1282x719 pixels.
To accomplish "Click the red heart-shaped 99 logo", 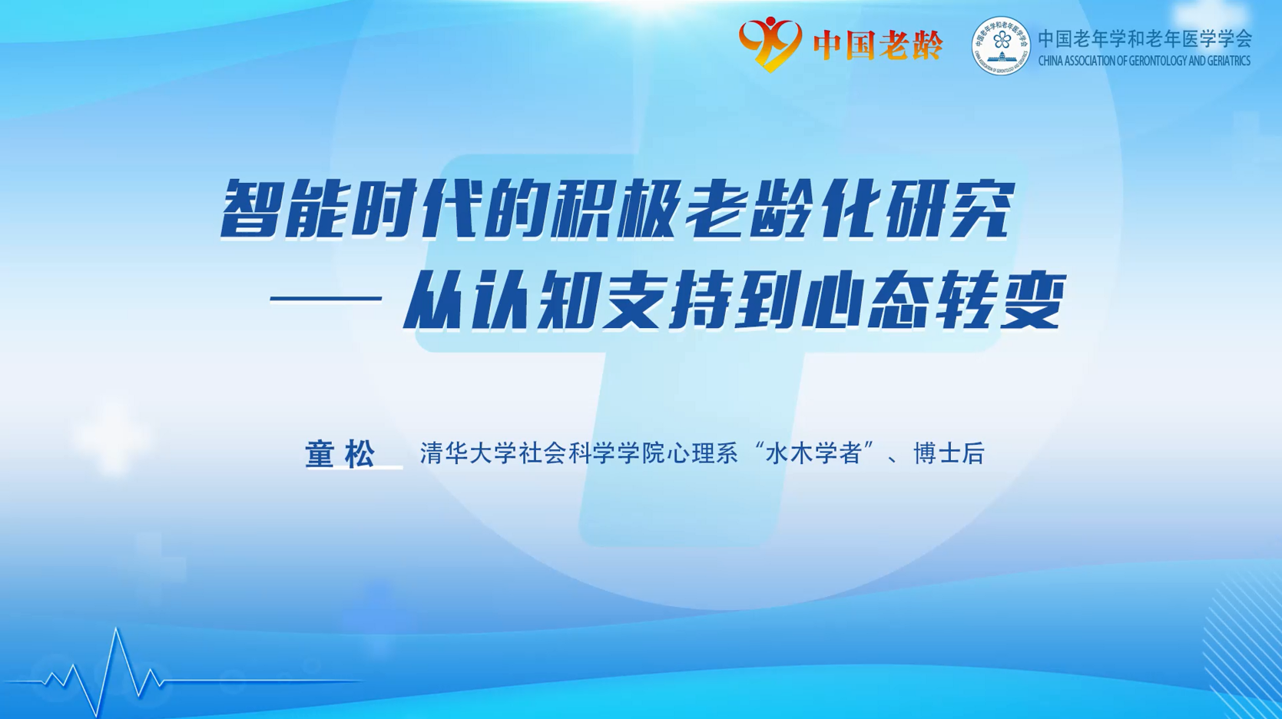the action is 770,43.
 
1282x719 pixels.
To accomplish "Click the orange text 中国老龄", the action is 878,45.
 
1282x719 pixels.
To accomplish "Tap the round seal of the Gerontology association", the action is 1001,45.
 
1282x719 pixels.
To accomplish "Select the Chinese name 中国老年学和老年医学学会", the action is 1145,38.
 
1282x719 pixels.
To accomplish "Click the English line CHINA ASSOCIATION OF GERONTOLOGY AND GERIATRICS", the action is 1145,61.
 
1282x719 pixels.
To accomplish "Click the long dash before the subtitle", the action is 326,298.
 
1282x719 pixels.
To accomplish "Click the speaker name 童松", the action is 340,454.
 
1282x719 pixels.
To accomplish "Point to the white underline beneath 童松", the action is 354,469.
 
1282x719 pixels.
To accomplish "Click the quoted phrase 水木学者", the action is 813,453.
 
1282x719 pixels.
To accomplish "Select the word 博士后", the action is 949,453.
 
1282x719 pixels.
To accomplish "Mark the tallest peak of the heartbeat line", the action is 117,629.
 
